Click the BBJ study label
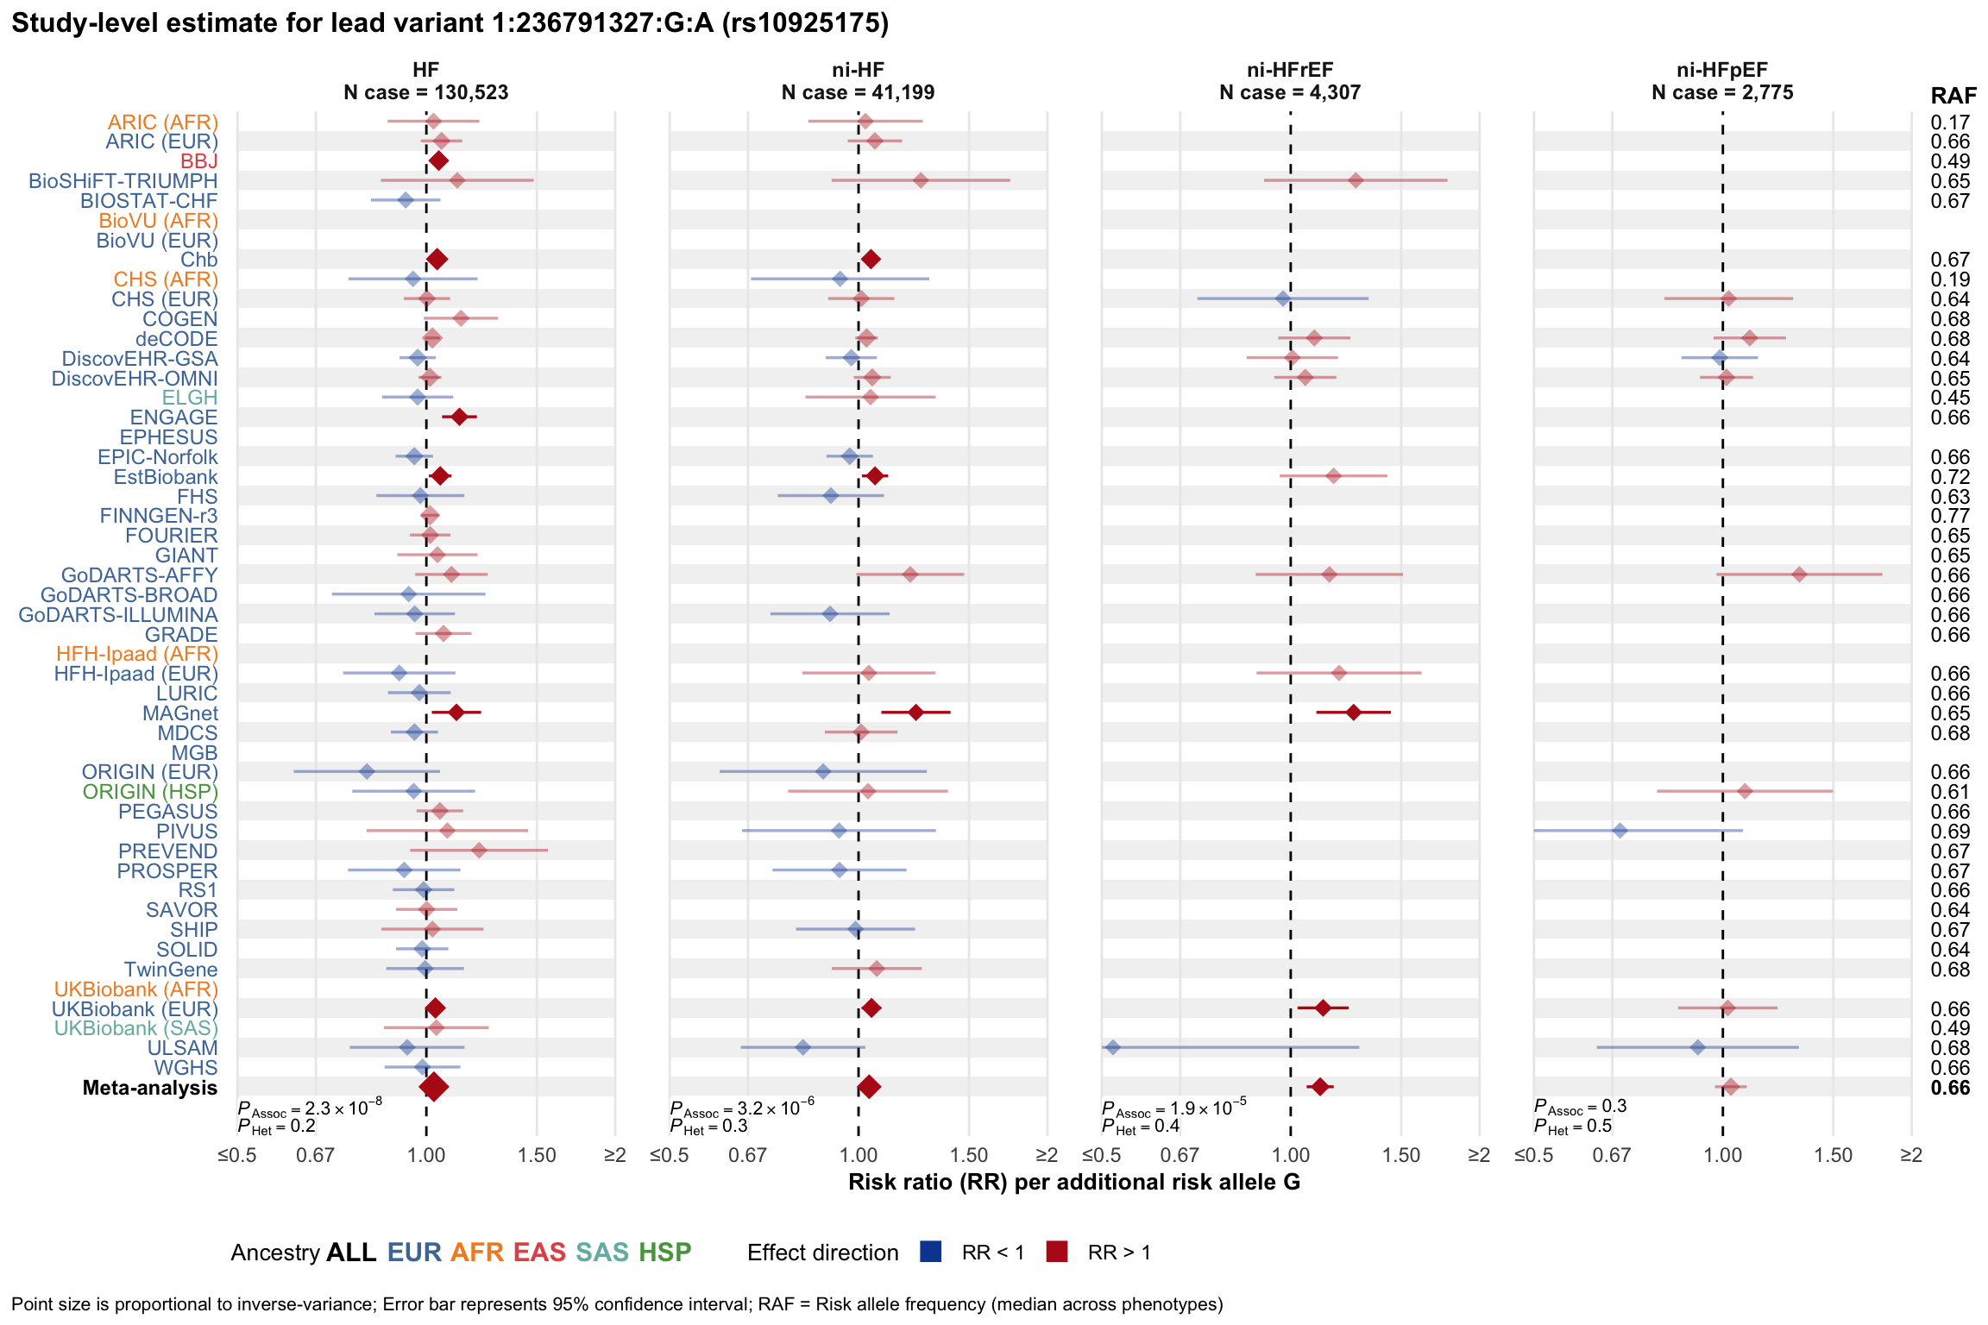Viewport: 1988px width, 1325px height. (198, 161)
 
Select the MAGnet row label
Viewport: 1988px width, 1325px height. (179, 713)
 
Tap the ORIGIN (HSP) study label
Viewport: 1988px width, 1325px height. (150, 792)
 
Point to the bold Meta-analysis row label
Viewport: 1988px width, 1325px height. (149, 1088)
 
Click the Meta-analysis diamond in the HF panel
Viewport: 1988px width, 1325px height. (433, 1087)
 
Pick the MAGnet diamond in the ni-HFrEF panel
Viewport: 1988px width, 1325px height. (1353, 713)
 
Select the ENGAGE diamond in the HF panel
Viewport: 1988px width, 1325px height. (459, 418)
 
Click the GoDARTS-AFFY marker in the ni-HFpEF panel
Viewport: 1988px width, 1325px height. (1799, 575)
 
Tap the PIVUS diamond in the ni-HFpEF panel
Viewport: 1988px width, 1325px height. (1620, 831)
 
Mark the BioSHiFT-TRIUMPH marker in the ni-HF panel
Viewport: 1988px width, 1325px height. (921, 180)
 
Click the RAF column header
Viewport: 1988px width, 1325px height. (1953, 96)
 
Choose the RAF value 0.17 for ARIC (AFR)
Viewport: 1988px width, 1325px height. (1950, 122)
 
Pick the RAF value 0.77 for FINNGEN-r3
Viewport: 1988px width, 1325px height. (1950, 516)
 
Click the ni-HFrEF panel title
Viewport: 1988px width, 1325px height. (1290, 71)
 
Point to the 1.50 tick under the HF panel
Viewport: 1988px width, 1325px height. (536, 1156)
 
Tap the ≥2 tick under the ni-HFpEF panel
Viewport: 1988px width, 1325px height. (1911, 1156)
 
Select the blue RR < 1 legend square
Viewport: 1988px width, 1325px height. (930, 1252)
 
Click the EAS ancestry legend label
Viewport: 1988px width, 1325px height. (539, 1253)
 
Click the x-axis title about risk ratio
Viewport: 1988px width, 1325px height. (1074, 1182)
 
